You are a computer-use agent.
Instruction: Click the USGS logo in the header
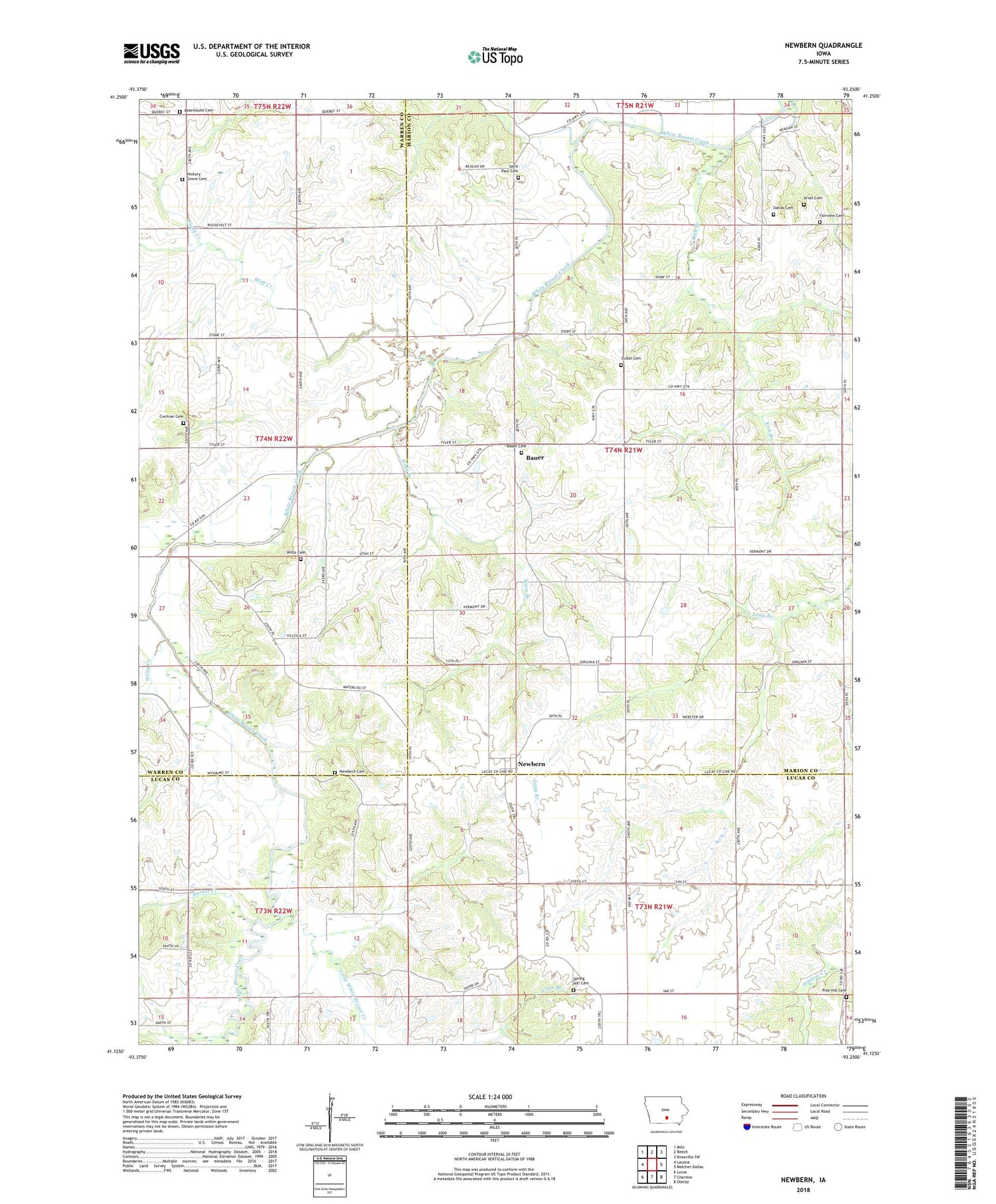coord(151,53)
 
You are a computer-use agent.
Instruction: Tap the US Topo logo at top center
coord(495,56)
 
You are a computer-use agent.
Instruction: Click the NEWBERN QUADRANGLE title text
coord(822,45)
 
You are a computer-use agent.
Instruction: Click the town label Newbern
coord(531,764)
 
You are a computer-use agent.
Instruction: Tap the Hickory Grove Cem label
coord(197,177)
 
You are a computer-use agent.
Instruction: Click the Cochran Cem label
coord(171,416)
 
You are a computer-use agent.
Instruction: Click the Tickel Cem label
coord(631,359)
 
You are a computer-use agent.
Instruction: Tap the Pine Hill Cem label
coord(834,990)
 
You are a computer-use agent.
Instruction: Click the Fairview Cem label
coord(831,216)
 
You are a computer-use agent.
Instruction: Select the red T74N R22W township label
coord(274,439)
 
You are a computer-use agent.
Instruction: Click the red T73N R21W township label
coord(653,906)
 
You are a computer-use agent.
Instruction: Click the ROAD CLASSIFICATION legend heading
coord(803,1096)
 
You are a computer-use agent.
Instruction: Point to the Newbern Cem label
coord(352,771)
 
